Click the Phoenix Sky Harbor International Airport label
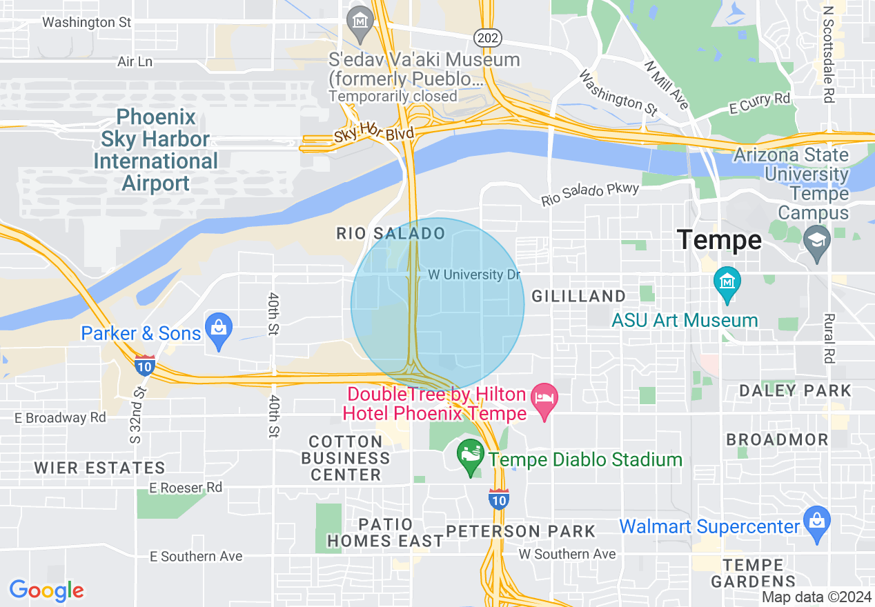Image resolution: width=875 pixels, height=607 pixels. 156,150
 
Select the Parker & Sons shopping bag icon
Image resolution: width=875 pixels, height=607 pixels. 219,332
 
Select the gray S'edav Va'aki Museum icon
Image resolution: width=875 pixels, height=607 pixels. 360,23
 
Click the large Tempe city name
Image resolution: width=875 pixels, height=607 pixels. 719,240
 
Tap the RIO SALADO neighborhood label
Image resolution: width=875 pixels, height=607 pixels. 391,233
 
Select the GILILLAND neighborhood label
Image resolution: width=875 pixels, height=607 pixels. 578,296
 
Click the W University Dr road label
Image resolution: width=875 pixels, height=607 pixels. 474,275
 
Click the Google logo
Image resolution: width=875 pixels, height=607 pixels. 46,590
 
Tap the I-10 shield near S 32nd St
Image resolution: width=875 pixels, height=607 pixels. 145,364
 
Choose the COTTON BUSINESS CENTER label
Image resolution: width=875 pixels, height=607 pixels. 345,458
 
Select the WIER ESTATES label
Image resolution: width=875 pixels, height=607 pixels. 99,468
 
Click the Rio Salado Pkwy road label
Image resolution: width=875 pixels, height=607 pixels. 590,193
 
